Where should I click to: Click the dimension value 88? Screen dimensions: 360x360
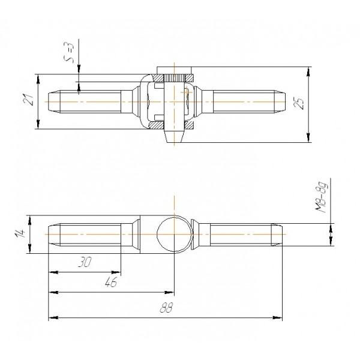pos(166,307)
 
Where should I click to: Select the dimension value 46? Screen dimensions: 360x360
pos(111,282)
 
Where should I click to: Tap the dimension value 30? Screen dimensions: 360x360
pos(85,262)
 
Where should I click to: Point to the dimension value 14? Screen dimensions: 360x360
pos(20,233)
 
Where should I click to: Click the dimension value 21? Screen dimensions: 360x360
pos(29,100)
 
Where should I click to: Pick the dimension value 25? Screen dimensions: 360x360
pos(299,104)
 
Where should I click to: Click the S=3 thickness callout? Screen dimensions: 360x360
pos(69,52)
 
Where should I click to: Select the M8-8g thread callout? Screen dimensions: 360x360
pos(321,197)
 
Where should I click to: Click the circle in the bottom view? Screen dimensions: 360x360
pos(174,235)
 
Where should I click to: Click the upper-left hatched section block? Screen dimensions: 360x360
pos(158,78)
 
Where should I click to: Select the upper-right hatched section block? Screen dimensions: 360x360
pos(189,78)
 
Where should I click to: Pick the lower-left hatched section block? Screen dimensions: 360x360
pos(157,125)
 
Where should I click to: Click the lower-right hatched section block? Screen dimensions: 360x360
pos(189,125)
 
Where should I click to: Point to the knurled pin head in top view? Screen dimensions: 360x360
pos(174,78)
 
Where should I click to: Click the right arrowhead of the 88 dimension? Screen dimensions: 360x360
pos(278,318)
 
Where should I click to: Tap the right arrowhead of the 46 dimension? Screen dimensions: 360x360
pos(169,293)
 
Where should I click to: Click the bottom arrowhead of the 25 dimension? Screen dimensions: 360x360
pos(308,137)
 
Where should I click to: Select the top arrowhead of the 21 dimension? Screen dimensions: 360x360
pos(38,79)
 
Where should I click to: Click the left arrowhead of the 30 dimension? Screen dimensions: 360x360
pos(53,272)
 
